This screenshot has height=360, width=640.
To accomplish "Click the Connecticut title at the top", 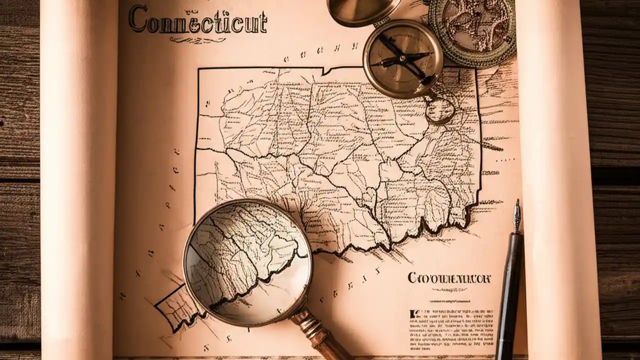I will coord(197,21).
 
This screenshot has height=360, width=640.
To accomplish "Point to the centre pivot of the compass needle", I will coord(403,59).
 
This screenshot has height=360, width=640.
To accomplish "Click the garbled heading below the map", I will coord(448,278).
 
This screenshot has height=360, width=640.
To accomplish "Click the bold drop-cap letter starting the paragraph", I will coord(412,314).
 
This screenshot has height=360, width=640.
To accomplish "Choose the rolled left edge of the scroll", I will coord(77,180).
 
